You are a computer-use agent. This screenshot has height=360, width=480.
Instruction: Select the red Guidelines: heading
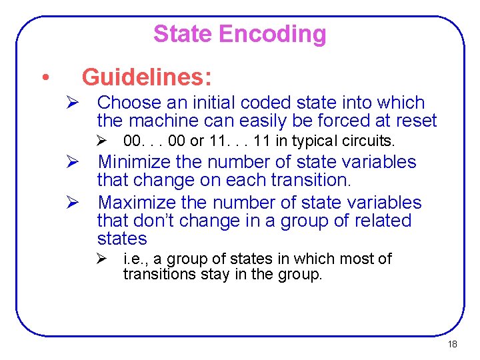[x=147, y=77]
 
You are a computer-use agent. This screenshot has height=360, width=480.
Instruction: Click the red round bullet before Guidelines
[x=43, y=78]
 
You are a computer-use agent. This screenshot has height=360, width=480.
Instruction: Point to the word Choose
[x=129, y=103]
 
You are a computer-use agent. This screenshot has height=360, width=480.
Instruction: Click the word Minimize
[x=141, y=162]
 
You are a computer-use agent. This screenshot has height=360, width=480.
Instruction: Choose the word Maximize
[x=142, y=202]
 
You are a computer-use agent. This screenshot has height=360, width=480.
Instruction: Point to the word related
[x=387, y=221]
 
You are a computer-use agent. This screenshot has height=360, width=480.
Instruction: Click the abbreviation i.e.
[x=135, y=259]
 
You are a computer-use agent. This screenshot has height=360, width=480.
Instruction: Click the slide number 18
[x=452, y=345]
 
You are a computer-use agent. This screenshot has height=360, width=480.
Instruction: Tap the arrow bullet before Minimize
[x=73, y=162]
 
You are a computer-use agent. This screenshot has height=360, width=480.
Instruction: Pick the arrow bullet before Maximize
[x=73, y=202]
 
